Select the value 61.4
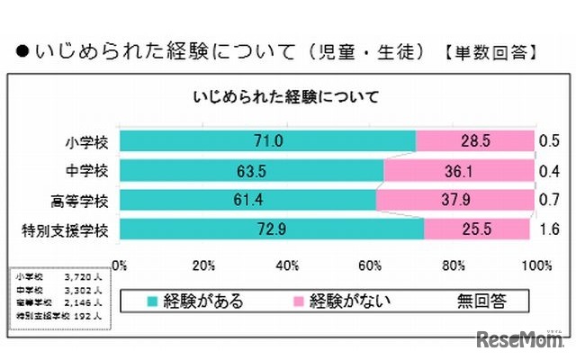tap(247, 200)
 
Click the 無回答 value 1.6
tap(547, 229)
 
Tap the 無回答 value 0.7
tap(547, 200)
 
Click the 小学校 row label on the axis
tap(88, 141)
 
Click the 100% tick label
tap(535, 265)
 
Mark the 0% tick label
tap(118, 265)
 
